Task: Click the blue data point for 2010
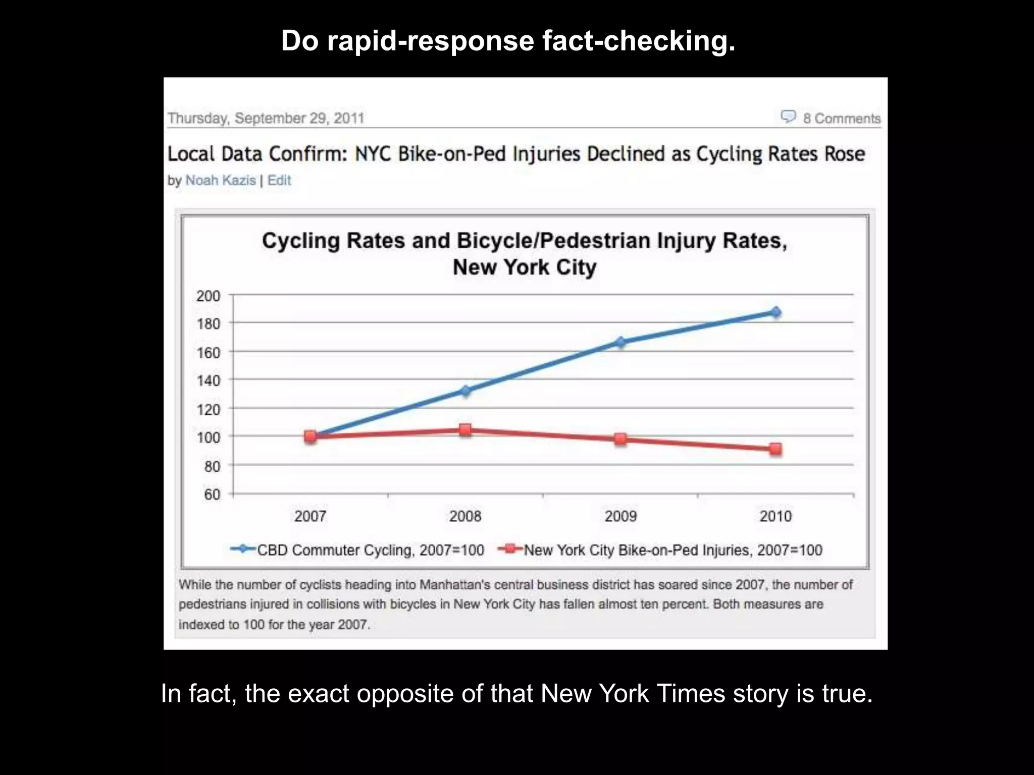click(775, 312)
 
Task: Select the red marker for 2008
click(465, 430)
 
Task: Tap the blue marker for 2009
click(621, 342)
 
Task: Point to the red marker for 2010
click(775, 449)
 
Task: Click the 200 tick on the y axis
click(208, 296)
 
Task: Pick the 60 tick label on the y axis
click(212, 494)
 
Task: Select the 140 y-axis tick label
click(208, 380)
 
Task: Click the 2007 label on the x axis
click(310, 516)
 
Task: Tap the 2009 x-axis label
click(621, 516)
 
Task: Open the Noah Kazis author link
click(221, 181)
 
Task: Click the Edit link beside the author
click(279, 181)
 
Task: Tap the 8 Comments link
click(842, 119)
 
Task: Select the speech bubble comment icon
click(788, 117)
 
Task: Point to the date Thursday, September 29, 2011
click(266, 118)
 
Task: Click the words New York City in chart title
click(524, 267)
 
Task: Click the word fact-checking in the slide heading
click(639, 41)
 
